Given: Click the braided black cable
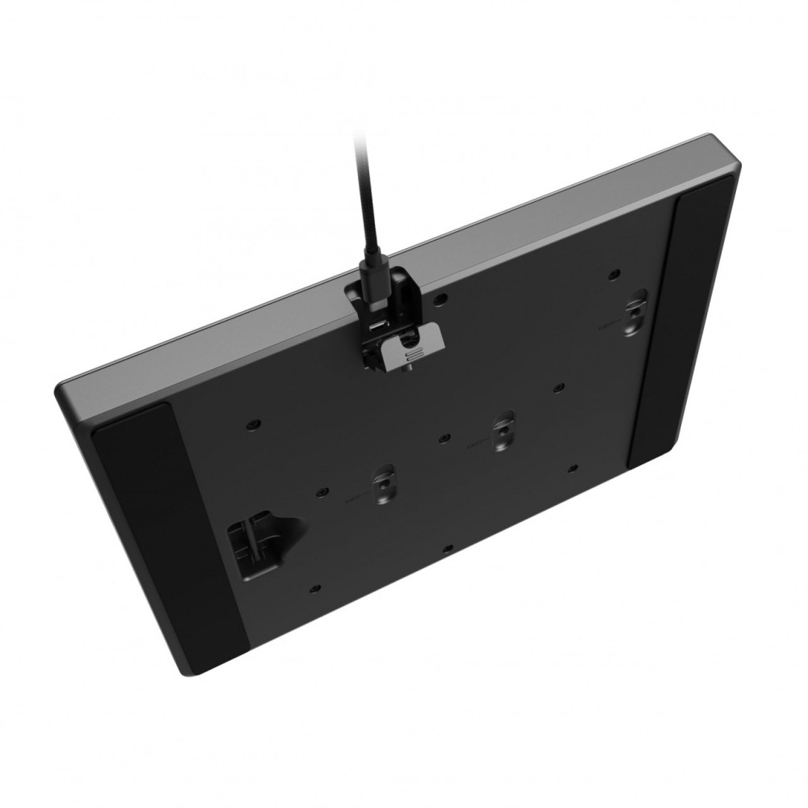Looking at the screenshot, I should (x=363, y=202).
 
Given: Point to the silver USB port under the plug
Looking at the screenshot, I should (x=377, y=326).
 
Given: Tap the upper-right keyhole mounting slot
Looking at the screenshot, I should (x=638, y=311).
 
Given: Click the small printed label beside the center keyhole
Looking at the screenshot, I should (x=477, y=443).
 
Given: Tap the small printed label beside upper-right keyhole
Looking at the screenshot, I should (x=608, y=326).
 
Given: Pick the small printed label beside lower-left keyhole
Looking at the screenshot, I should (x=354, y=496).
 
